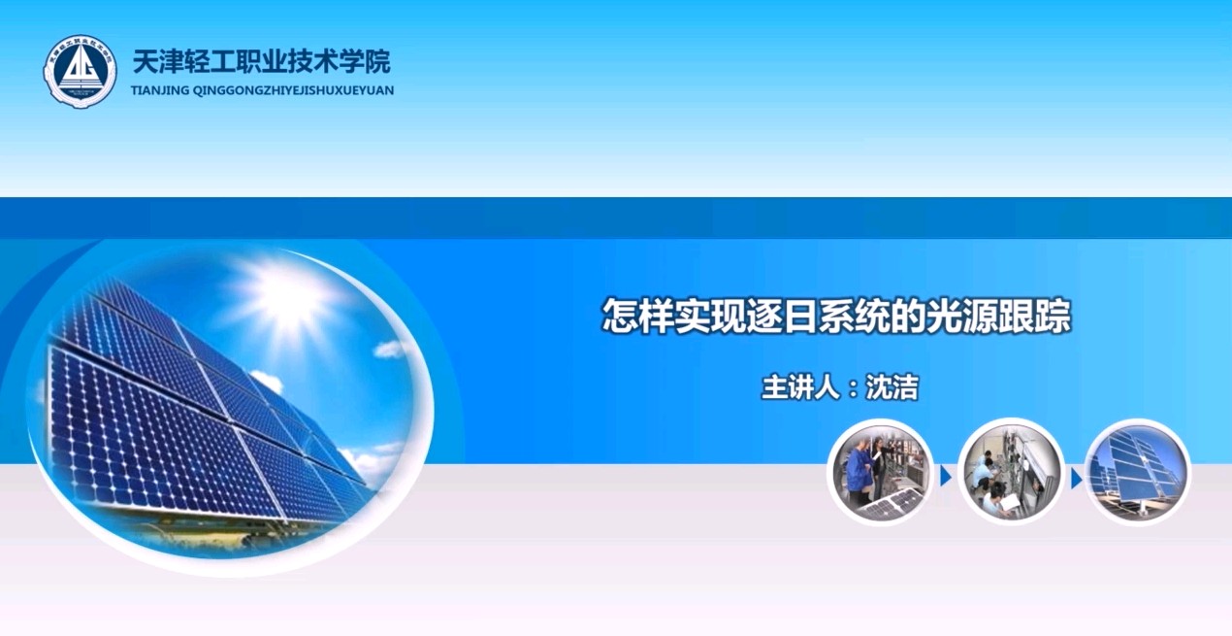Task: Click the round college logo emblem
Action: [80, 71]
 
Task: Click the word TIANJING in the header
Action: [159, 90]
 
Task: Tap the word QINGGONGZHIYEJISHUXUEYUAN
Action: [294, 90]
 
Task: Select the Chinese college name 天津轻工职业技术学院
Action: [262, 62]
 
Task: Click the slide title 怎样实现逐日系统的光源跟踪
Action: [836, 317]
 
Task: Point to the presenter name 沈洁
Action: [892, 387]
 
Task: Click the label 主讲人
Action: [801, 387]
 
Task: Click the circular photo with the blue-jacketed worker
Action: [881, 473]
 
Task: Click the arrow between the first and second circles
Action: [946, 477]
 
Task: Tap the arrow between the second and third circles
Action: [1076, 479]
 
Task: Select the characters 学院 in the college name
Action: [365, 62]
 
